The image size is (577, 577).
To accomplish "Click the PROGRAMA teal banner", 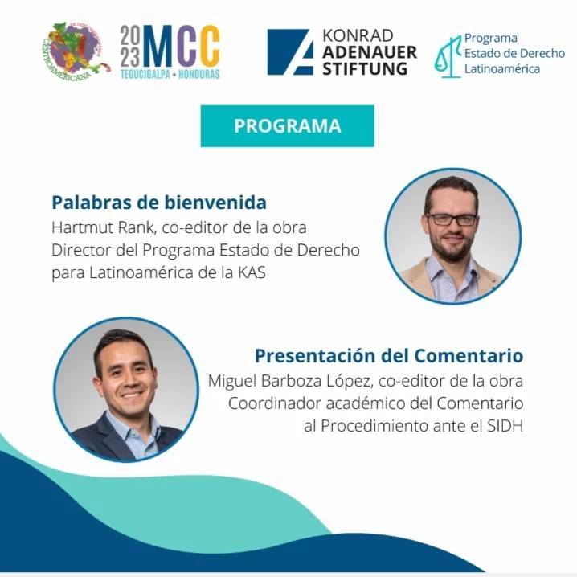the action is point(288,126).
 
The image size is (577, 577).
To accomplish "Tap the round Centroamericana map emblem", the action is point(75,51).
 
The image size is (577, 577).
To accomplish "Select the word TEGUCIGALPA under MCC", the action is point(145,74).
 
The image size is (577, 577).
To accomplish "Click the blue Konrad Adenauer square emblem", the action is point(290,52).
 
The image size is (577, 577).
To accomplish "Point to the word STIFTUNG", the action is point(365,69).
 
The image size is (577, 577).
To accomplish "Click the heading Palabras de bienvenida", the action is point(159,203).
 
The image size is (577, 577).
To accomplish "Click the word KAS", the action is point(252,272).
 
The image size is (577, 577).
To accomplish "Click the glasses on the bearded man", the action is point(452,219).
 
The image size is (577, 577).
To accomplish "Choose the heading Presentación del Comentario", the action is point(389,356).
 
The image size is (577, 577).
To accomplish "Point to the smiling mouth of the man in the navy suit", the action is point(131,396).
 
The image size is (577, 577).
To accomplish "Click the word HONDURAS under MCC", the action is point(198,74).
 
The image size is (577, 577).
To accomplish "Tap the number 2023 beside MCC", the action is point(130,47).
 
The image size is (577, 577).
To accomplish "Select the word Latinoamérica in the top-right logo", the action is point(502,69).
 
